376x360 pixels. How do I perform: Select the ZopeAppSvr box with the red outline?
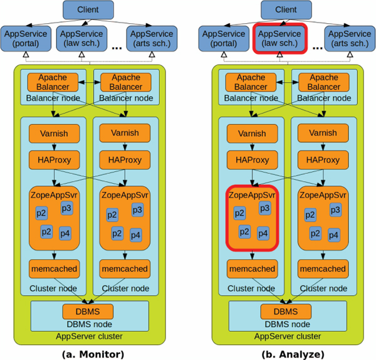tap(251, 217)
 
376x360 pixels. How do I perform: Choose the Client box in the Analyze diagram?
tap(286, 10)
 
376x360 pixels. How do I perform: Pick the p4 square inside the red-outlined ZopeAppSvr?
tap(263, 233)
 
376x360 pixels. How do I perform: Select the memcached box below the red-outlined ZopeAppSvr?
tap(251, 268)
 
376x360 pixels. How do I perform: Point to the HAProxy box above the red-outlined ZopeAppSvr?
tap(251, 160)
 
